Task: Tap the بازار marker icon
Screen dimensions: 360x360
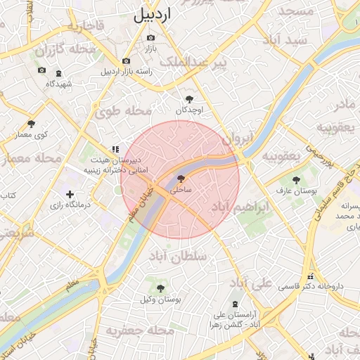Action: click(149, 37)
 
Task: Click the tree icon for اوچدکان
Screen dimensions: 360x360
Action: click(189, 99)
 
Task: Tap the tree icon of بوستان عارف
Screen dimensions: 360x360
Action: click(295, 180)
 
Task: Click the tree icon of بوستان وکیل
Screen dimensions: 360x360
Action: click(160, 288)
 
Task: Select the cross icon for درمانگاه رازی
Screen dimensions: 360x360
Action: click(70, 194)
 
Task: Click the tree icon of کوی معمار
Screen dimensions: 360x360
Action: click(31, 124)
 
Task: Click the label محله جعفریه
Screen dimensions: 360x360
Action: click(141, 330)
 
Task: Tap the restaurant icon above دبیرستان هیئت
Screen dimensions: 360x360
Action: click(115, 149)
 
